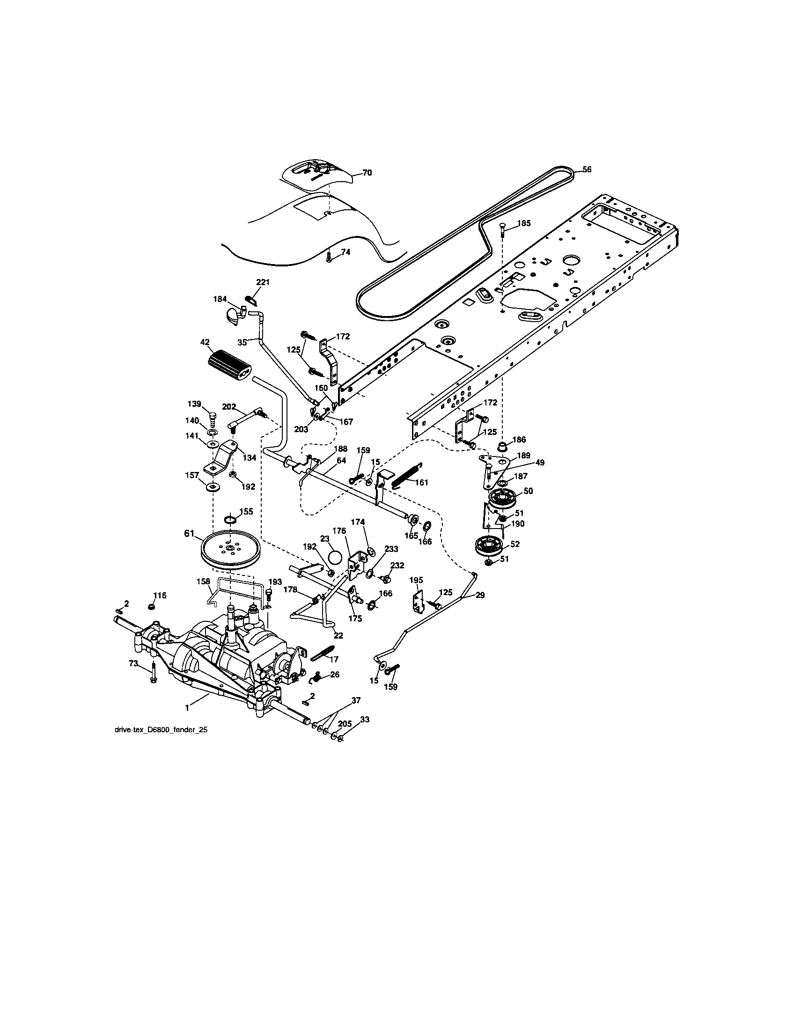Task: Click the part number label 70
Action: tap(367, 173)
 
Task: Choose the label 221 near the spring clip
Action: tap(263, 282)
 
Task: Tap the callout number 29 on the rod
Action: tap(480, 596)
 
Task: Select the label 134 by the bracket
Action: tap(250, 457)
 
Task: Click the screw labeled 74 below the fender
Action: tap(330, 257)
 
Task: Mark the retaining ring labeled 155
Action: tap(230, 520)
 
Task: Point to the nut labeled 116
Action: tap(152, 605)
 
